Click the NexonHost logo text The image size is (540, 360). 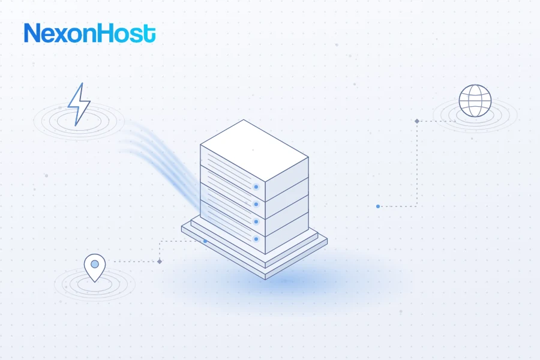89,33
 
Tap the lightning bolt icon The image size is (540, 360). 79,104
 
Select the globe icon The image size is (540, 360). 475,101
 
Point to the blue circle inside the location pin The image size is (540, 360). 95,264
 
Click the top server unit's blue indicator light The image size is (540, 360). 256,187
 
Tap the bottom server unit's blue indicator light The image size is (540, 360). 256,239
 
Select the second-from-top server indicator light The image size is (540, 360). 256,204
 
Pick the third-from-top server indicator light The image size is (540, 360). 256,221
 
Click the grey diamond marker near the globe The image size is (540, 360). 417,121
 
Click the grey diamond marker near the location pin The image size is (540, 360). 160,262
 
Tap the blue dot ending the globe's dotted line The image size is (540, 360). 378,206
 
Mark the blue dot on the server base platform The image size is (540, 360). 205,241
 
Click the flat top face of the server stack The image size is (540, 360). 254,150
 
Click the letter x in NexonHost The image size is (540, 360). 64,35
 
